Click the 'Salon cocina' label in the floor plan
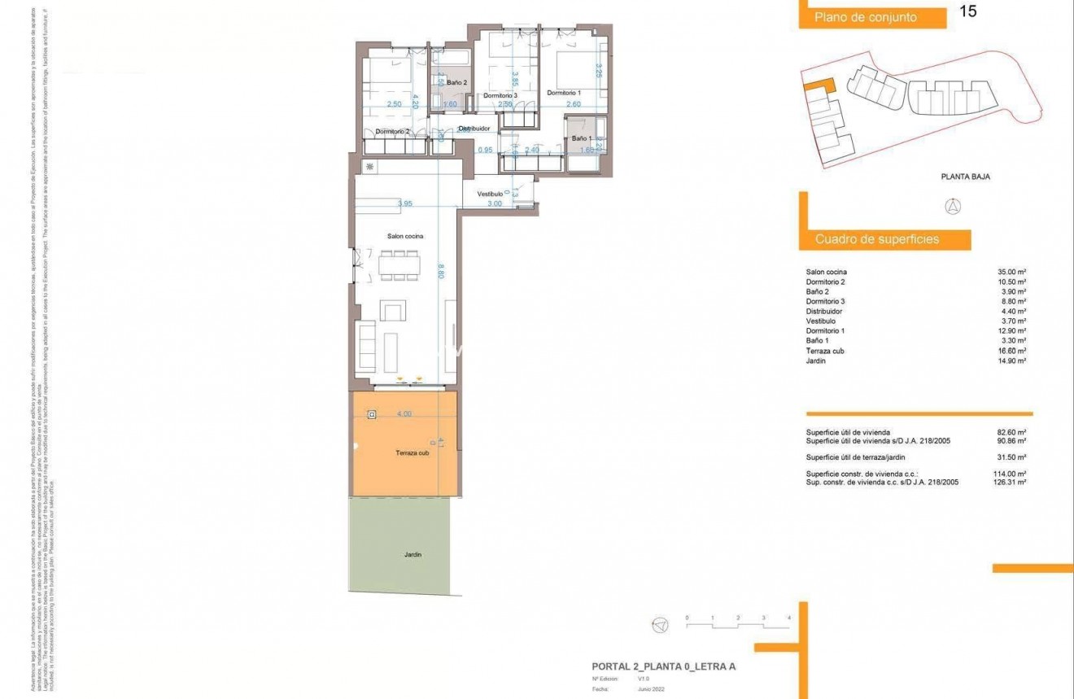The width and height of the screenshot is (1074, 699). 405,236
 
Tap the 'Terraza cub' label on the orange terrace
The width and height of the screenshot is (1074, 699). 412,452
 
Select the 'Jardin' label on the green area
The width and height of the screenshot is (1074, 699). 413,555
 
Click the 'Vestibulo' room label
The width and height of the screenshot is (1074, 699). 490,194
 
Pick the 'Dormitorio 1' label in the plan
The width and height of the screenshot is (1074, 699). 564,93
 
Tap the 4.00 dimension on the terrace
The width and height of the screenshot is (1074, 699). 404,414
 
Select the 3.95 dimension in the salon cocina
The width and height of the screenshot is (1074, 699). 404,203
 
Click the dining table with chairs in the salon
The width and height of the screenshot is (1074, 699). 399,265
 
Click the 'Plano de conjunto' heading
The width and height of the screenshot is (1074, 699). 866,17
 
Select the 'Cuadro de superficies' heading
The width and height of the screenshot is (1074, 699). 877,239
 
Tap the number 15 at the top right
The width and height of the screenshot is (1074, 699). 968,11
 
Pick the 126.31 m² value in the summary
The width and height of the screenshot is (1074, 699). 1010,482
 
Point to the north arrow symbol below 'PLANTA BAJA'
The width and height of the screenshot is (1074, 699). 951,207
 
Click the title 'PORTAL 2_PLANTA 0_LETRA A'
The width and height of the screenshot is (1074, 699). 663,666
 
